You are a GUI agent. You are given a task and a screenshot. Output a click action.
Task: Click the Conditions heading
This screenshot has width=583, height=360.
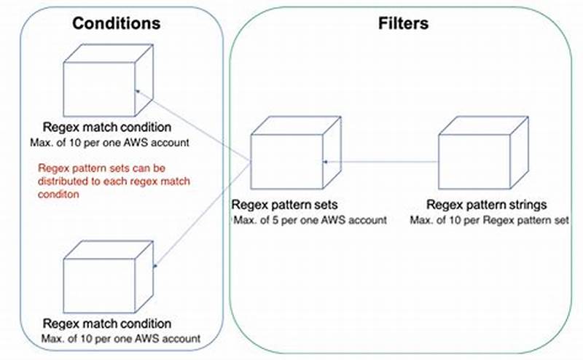[116, 23]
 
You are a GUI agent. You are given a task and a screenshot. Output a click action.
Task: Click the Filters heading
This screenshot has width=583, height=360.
[403, 23]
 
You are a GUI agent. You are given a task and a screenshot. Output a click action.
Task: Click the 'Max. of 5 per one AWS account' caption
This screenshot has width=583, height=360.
[308, 219]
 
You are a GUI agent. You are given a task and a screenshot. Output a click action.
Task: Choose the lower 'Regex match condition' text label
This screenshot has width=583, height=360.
[107, 324]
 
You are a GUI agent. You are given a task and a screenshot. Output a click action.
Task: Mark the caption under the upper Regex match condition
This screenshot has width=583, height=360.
[109, 142]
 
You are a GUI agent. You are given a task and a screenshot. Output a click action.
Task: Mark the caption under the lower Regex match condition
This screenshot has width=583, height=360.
[120, 338]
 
